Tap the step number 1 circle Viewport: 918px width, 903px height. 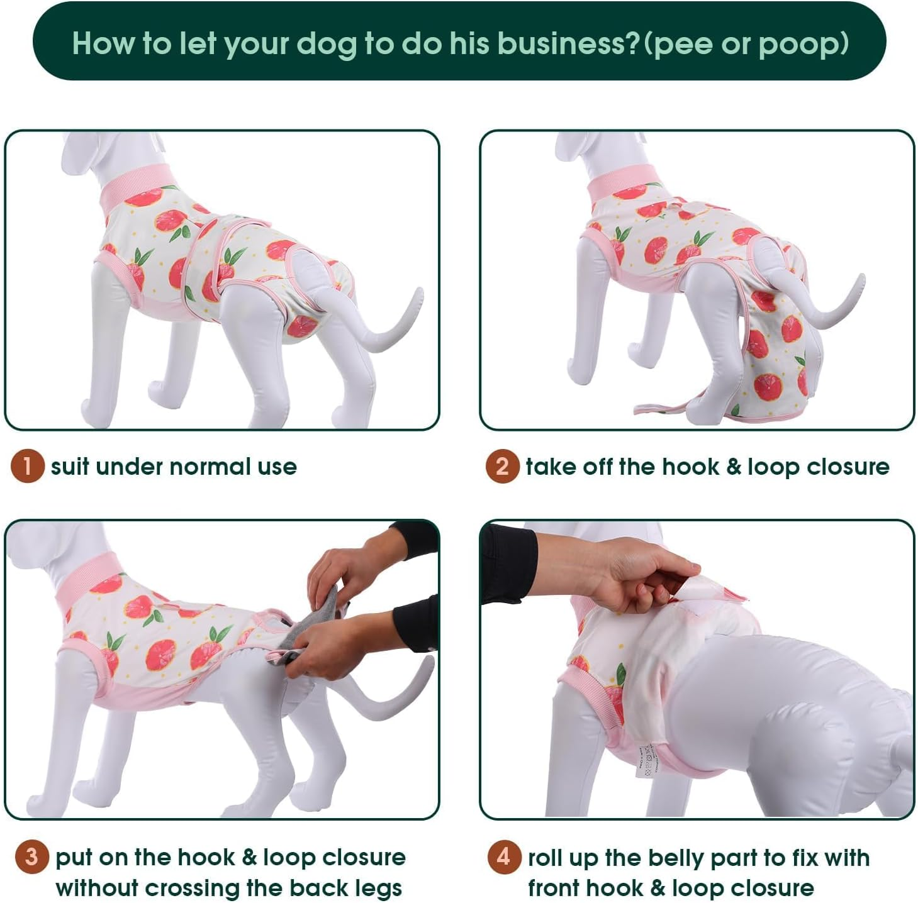27,466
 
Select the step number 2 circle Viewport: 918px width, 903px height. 502,466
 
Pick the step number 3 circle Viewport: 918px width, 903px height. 31,856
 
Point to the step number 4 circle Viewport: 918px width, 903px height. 504,856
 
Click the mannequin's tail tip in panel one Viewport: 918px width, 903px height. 417,294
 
